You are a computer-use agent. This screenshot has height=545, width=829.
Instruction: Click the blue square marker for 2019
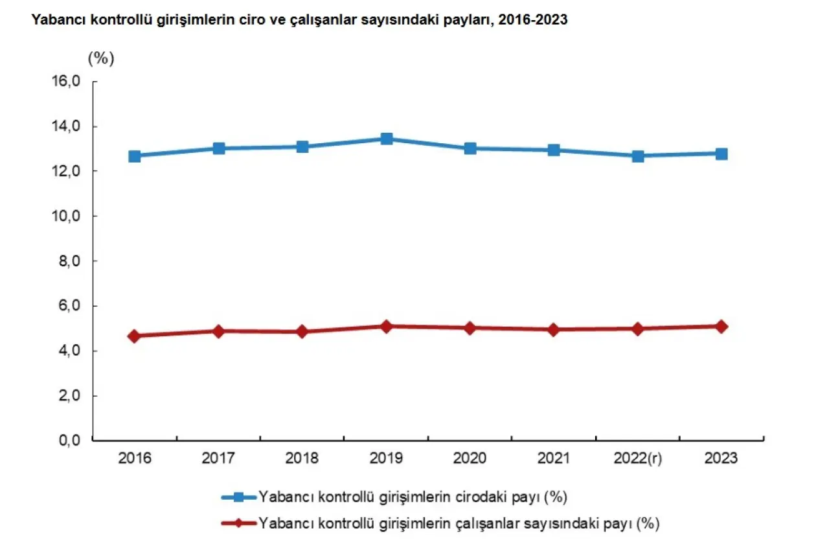(x=387, y=138)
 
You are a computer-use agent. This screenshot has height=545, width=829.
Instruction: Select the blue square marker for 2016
(x=135, y=156)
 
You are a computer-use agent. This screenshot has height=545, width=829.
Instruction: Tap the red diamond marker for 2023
(x=721, y=327)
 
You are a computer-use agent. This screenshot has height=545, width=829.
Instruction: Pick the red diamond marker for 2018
(x=302, y=332)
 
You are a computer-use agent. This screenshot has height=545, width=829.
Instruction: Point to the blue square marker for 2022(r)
(x=638, y=156)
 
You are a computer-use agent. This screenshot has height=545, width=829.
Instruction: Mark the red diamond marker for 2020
(x=470, y=328)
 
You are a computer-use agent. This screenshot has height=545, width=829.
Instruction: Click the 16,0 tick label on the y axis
(x=67, y=82)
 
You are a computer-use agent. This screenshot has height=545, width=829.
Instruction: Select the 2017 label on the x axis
(x=218, y=459)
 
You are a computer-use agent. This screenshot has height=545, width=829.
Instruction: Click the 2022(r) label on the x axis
(x=638, y=459)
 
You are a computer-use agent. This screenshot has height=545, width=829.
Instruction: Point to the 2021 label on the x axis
(x=554, y=459)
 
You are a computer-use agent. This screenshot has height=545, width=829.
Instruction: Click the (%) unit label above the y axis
(x=100, y=58)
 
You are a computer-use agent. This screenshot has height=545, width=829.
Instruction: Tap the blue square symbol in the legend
(x=238, y=497)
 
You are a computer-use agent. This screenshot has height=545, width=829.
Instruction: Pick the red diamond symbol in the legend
(x=238, y=523)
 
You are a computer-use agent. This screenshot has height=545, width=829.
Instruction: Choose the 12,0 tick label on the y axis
(x=67, y=171)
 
